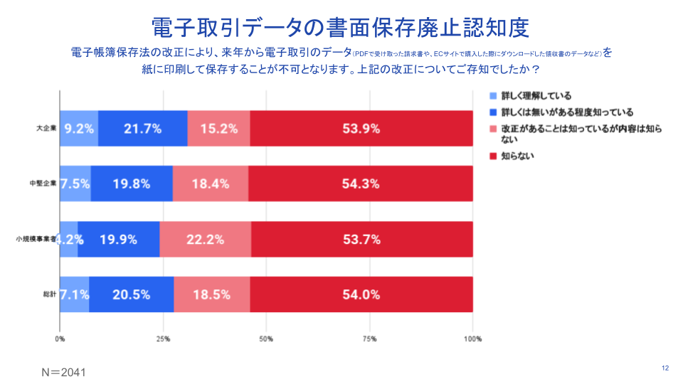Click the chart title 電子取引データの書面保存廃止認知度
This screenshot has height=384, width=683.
click(341, 26)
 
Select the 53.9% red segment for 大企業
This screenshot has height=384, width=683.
click(361, 129)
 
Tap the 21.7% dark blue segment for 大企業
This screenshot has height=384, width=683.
click(142, 129)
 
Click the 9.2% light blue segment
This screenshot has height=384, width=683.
click(79, 129)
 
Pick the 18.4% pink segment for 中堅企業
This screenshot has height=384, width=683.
click(211, 183)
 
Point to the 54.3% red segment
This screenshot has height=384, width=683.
click(361, 183)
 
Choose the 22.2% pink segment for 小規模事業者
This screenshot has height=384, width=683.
click(205, 239)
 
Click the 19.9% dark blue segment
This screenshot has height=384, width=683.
click(118, 239)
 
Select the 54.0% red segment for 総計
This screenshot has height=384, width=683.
click(361, 294)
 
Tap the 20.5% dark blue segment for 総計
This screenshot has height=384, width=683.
click(132, 294)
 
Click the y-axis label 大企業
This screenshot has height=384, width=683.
click(47, 129)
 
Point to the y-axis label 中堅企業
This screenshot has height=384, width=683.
click(43, 183)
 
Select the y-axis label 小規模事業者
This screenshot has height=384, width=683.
click(36, 239)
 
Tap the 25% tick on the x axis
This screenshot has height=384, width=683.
click(163, 338)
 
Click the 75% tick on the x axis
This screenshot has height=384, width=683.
click(369, 338)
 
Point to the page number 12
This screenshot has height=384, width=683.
click(665, 368)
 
